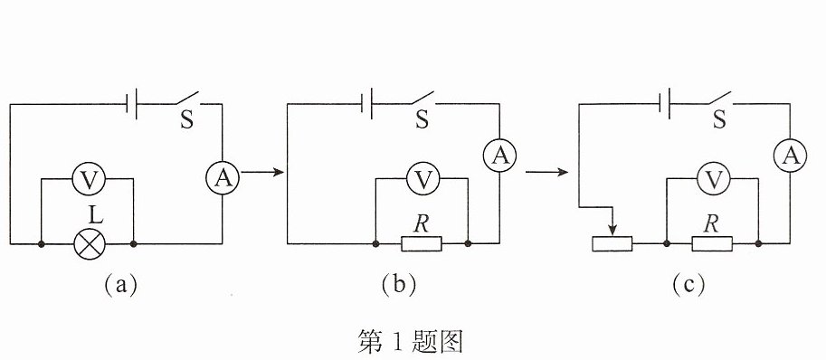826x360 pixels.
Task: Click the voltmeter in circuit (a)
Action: (x=89, y=179)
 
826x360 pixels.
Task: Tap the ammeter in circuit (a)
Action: (x=223, y=178)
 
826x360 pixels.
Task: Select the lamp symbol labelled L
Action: (x=89, y=243)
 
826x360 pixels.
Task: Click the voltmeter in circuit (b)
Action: (x=423, y=179)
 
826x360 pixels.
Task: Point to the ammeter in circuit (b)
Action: (x=499, y=155)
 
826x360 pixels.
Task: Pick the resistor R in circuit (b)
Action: (x=422, y=243)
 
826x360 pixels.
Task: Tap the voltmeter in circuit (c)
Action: (x=714, y=179)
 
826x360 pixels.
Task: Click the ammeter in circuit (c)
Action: (x=790, y=155)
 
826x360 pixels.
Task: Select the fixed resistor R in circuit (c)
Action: (x=712, y=243)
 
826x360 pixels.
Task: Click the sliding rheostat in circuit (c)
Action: (x=612, y=243)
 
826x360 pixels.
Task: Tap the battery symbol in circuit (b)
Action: (x=367, y=104)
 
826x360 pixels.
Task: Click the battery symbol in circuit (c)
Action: (x=665, y=104)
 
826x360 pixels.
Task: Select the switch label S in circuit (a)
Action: (x=186, y=120)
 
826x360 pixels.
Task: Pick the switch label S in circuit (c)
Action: (x=719, y=120)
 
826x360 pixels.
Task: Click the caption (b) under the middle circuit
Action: (x=399, y=285)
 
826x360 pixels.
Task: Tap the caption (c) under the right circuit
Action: (x=688, y=285)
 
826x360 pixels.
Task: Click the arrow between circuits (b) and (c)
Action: (x=546, y=172)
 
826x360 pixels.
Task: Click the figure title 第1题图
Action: (x=411, y=342)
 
